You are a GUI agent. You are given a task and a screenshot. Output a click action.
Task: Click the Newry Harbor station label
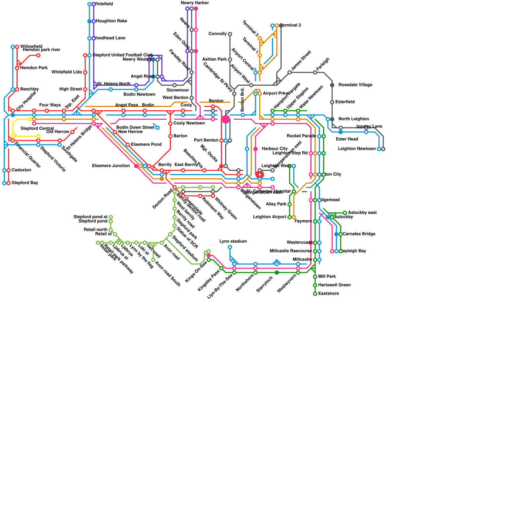pos(194,3)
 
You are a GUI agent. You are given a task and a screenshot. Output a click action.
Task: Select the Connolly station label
pos(217,34)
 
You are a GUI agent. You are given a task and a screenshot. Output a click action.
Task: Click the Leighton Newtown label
pos(357,149)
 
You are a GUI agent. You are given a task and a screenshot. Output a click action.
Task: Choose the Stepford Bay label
pos(25,183)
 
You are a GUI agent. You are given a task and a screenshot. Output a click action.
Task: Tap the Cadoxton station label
pos(21,170)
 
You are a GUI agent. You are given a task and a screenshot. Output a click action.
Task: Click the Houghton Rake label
pos(111,21)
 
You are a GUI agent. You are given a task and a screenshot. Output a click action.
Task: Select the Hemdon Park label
pos(34,68)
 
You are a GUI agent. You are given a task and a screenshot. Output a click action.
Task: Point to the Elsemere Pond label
pos(146,145)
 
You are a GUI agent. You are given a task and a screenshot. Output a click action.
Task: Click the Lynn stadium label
pos(233,241)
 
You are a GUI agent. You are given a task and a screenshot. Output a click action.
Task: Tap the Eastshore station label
pos(328,294)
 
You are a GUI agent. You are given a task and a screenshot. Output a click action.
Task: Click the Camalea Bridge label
pos(359,234)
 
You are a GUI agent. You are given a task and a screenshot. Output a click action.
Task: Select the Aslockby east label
pos(362,213)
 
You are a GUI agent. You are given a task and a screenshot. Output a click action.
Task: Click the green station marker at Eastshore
pos(315,294)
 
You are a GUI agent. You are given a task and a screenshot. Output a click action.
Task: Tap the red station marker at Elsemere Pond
pos(128,145)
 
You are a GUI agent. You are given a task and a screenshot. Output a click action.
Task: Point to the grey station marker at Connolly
pos(230,34)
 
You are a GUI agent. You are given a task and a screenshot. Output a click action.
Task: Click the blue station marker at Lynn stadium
pos(230,247)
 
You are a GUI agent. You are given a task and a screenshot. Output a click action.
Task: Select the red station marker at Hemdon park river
pos(38,56)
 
